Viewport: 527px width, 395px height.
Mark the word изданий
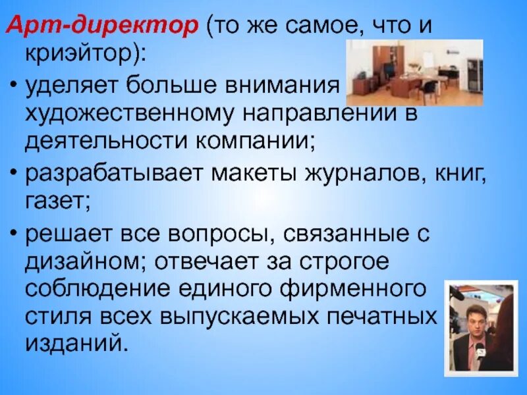point(73,345)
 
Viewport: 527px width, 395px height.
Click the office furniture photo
point(415,72)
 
